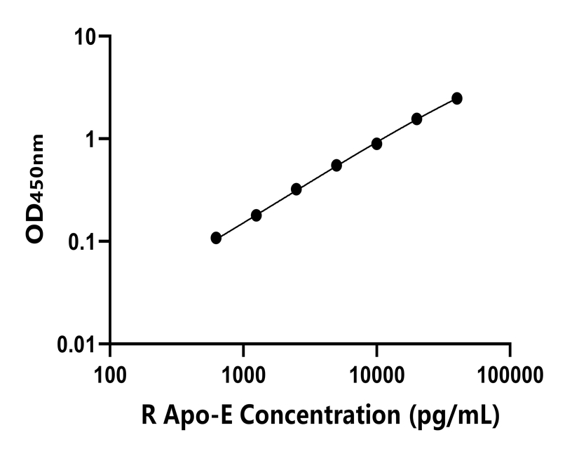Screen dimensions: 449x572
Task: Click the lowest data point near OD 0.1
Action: [x=216, y=238]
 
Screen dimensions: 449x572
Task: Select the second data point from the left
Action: [x=256, y=215]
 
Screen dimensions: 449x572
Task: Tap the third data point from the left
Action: [x=296, y=189]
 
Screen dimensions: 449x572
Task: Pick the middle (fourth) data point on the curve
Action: [x=336, y=166]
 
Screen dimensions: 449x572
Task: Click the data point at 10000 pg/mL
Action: [x=376, y=144]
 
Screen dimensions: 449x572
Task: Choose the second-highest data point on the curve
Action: [x=416, y=119]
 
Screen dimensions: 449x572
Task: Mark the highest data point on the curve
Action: [x=456, y=98]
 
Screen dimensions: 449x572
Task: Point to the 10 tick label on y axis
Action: [x=86, y=36]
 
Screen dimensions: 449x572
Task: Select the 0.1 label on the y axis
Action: [x=81, y=242]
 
